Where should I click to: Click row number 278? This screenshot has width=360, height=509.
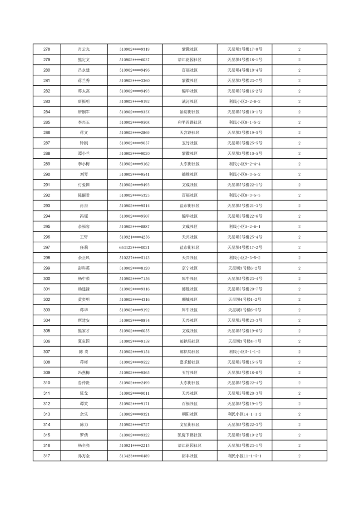(x=46, y=49)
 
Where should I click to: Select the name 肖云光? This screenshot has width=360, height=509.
(x=84, y=49)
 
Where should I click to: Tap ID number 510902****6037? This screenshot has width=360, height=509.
(x=134, y=59)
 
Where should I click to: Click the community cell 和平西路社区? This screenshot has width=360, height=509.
(x=189, y=122)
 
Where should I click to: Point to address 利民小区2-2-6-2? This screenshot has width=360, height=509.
(x=245, y=101)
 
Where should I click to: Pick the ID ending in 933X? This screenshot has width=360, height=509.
(x=134, y=112)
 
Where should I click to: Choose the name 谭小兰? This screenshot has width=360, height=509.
(x=84, y=153)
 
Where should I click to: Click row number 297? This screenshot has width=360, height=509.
(x=46, y=247)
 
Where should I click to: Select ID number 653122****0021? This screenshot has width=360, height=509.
(x=134, y=247)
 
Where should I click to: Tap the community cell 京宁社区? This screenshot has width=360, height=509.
(x=189, y=268)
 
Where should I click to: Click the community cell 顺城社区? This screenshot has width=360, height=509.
(x=189, y=299)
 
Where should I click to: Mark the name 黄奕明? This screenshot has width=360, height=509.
(x=84, y=299)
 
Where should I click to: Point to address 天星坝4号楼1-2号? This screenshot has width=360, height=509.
(x=245, y=299)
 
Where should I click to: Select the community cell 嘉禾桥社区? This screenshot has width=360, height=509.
(x=189, y=362)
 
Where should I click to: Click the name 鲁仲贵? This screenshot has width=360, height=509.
(x=84, y=383)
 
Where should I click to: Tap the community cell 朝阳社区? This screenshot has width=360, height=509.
(x=189, y=414)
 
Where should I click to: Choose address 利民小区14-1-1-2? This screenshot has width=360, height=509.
(x=245, y=414)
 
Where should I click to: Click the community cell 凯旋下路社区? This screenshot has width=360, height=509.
(x=189, y=435)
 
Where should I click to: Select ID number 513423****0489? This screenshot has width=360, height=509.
(x=134, y=456)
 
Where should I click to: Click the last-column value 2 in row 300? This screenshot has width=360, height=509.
(x=299, y=279)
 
